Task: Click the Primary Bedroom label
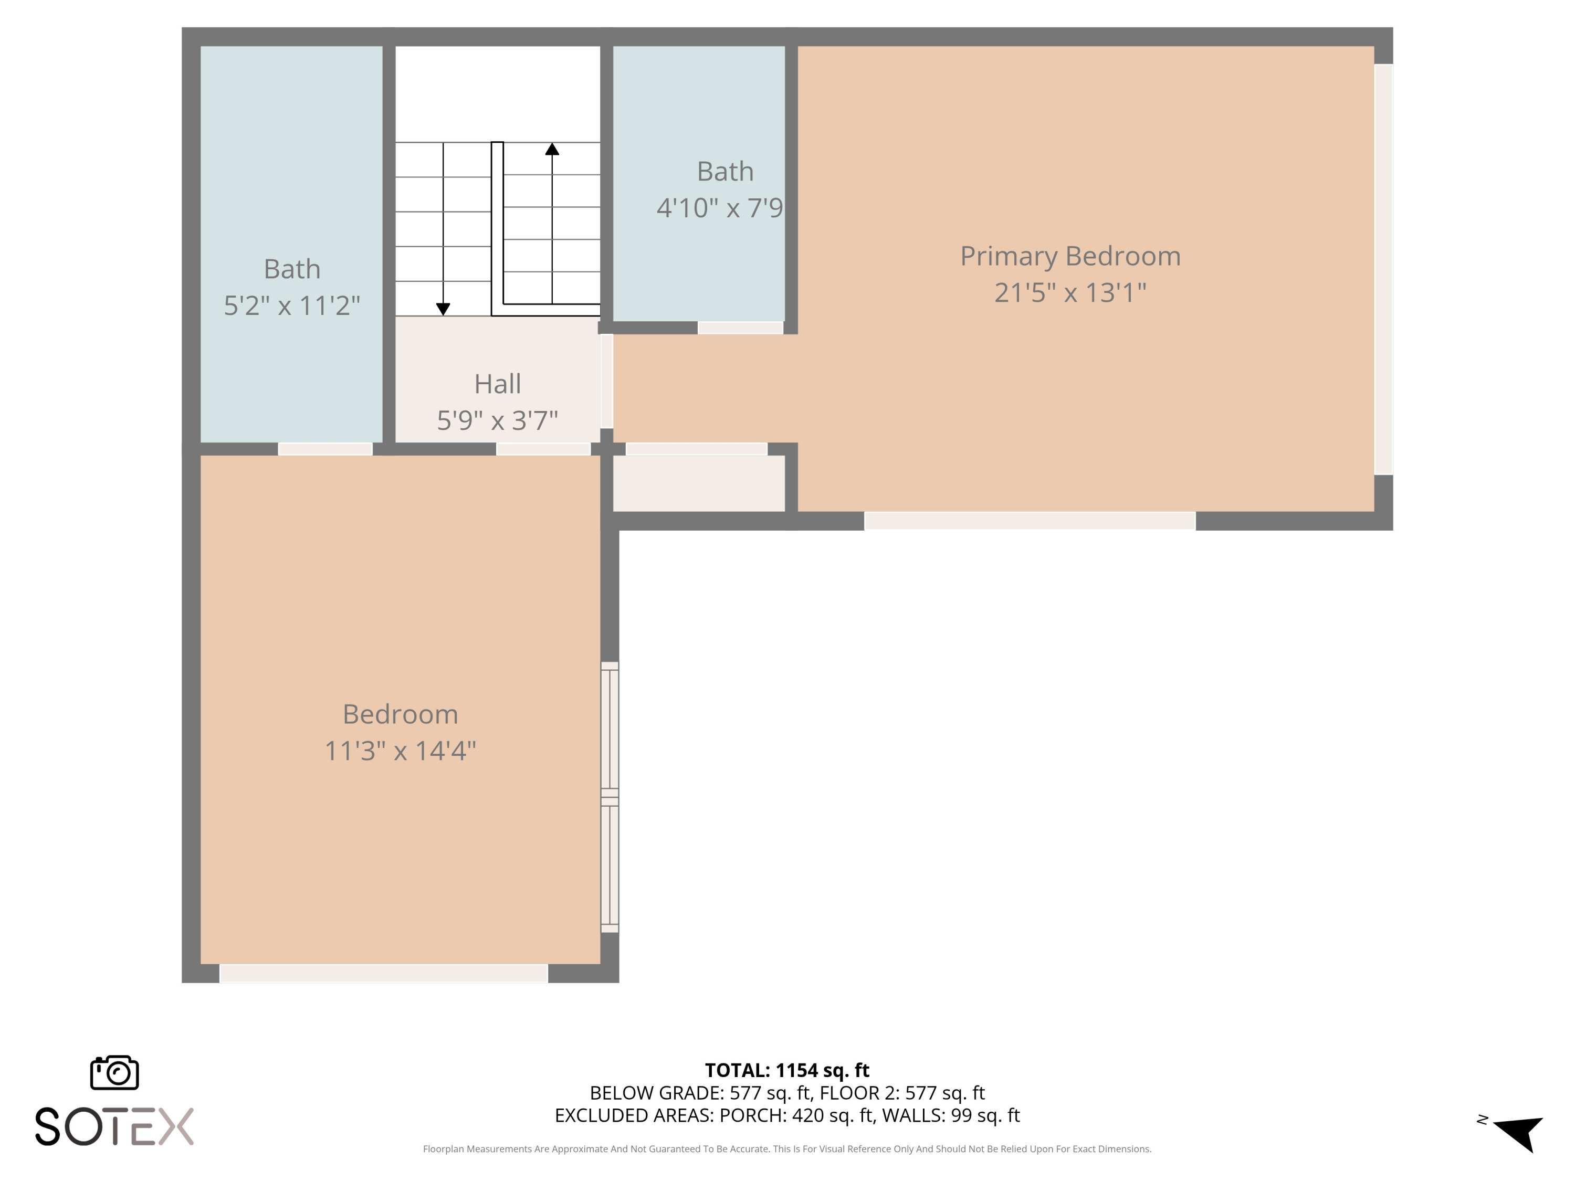(1069, 256)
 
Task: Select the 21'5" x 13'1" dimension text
(1069, 292)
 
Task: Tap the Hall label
(497, 384)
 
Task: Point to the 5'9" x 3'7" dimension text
(497, 421)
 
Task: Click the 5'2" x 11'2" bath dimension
(292, 305)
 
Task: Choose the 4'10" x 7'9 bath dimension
(719, 208)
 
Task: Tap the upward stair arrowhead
(552, 149)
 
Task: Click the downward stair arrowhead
(443, 309)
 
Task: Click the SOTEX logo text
(114, 1127)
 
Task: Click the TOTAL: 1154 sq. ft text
(787, 1070)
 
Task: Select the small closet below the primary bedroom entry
(698, 483)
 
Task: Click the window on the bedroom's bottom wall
(383, 973)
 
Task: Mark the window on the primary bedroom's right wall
(1383, 269)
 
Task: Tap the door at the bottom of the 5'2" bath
(324, 449)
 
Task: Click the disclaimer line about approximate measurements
(787, 1149)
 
